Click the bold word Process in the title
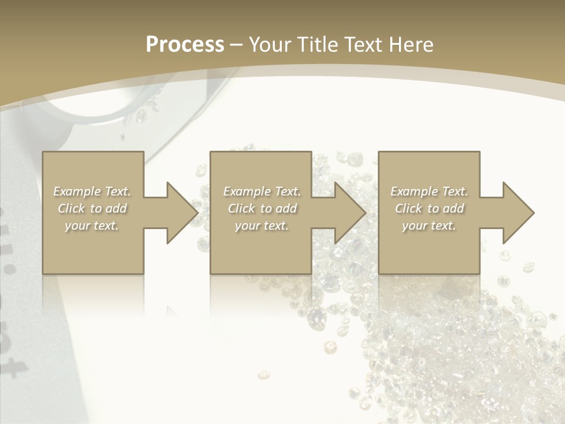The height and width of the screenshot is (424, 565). (185, 45)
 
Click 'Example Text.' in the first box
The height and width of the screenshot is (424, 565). (92, 191)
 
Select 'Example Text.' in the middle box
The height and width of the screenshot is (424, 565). (262, 191)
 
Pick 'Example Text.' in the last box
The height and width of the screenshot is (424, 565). (429, 191)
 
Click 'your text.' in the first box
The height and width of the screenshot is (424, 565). (92, 226)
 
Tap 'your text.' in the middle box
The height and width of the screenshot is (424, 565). (262, 226)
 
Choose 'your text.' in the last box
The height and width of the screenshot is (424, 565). (429, 226)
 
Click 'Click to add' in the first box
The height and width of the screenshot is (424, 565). (92, 208)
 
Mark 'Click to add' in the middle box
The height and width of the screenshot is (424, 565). (262, 208)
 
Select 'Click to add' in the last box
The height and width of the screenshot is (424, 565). (429, 208)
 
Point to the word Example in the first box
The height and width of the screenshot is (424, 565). (77, 191)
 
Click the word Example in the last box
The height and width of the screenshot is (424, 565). (414, 191)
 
